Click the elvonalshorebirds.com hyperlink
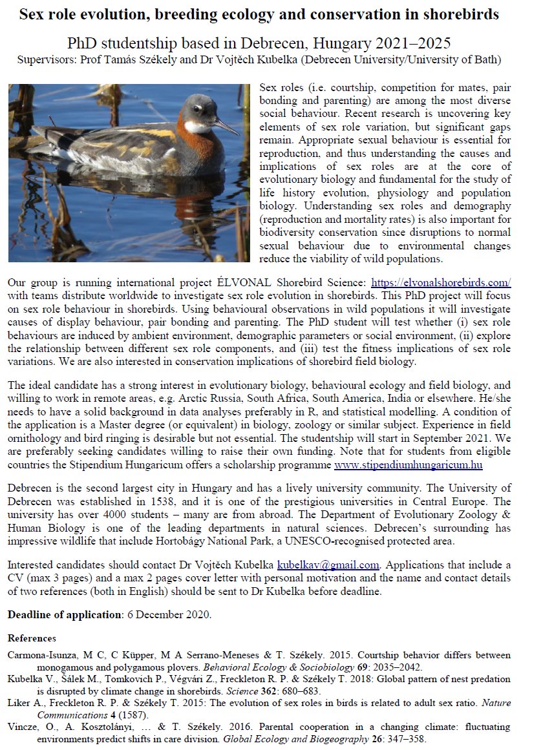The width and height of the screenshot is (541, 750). tap(440, 283)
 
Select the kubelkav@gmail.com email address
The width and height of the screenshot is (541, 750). tap(328, 565)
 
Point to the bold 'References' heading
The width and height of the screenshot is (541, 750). tap(32, 638)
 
